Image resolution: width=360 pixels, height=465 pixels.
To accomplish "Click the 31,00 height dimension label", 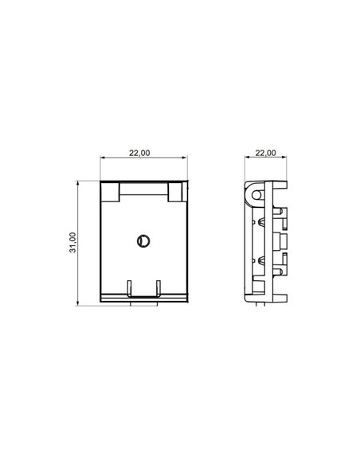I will coord(72,243).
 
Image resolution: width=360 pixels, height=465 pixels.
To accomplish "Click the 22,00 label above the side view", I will coord(265,153).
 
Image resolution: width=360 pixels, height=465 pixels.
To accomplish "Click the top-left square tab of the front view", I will coord(108,192).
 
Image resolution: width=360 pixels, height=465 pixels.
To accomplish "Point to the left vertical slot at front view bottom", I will coord(130,287).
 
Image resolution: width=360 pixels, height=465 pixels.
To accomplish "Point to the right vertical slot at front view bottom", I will coord(158,287).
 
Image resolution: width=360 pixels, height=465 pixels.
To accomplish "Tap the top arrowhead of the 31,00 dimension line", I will coord(77,183).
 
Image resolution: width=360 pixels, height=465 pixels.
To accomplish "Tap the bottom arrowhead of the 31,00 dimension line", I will coord(77,303).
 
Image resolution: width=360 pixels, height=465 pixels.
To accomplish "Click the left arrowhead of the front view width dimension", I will coord(103,158).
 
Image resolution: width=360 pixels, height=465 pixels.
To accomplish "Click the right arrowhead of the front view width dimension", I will coord(186,158).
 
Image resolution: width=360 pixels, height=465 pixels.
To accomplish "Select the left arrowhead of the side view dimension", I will coord(246,158).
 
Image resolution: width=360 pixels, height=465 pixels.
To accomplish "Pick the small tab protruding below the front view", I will coord(144,303).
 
